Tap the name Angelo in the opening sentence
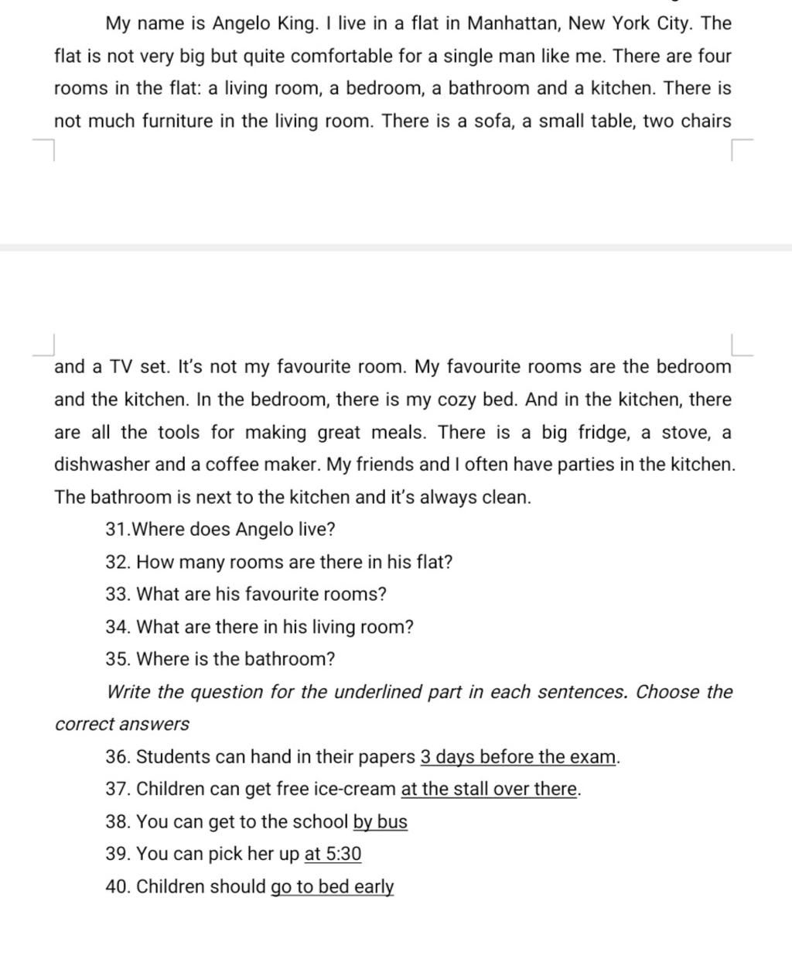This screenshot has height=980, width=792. [x=241, y=23]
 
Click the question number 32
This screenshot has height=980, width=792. [x=118, y=562]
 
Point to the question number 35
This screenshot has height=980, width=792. [x=118, y=660]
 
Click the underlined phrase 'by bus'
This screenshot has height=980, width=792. [x=380, y=822]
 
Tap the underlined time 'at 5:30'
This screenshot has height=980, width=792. [x=333, y=855]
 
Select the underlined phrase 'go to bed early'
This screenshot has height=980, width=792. [x=332, y=887]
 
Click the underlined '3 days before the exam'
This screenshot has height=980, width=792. [x=518, y=757]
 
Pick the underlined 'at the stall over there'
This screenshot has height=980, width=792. [x=489, y=790]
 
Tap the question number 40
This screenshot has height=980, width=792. [x=118, y=887]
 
